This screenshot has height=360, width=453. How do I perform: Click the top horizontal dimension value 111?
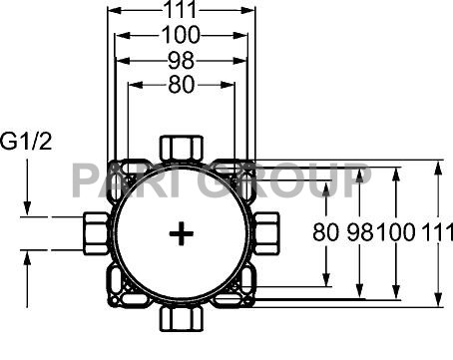point(182,9)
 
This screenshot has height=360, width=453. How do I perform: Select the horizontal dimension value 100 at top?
point(181,35)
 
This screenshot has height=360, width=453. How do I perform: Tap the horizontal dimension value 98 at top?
point(181,61)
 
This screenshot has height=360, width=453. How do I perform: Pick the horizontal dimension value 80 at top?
point(182,85)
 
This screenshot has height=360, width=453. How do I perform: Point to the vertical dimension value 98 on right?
point(360,231)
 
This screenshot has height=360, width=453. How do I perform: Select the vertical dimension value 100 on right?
point(396,231)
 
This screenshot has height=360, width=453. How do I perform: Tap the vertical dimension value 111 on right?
point(438,231)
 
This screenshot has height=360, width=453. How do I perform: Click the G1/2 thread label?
point(26,141)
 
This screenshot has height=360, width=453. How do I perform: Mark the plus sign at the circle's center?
point(181,233)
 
